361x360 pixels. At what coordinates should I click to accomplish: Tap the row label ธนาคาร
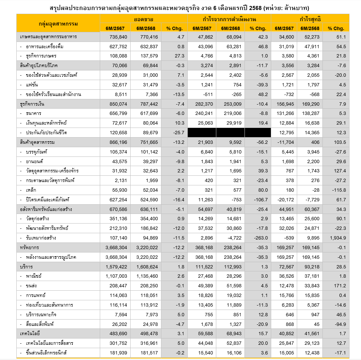click(x=34, y=113)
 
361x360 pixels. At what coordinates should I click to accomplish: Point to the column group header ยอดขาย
click(x=144, y=19)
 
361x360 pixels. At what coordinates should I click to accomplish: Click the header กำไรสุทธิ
click(x=310, y=19)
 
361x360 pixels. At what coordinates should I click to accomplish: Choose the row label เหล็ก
click(x=32, y=189)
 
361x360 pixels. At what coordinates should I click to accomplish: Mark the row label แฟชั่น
click(x=32, y=85)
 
